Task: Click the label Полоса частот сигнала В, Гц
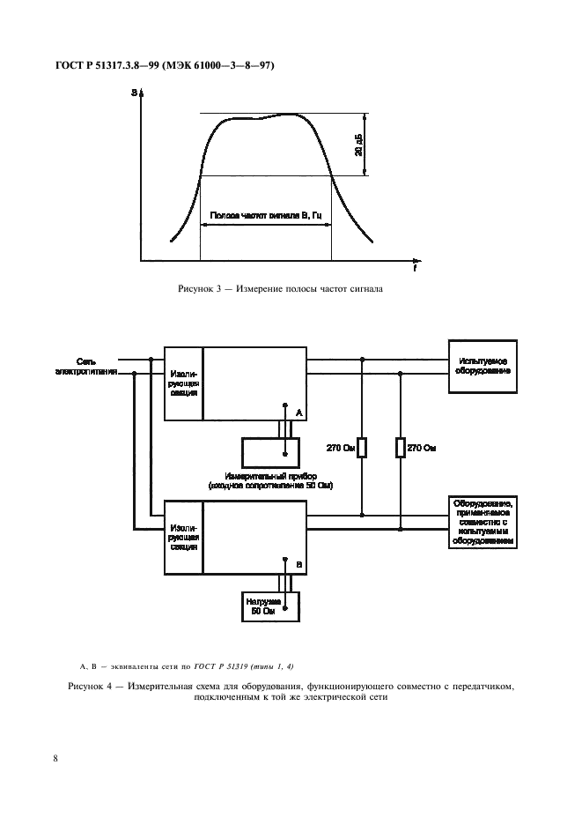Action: click(265, 214)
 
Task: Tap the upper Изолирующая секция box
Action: click(184, 385)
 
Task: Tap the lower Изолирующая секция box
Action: click(184, 535)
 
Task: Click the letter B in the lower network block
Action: click(298, 563)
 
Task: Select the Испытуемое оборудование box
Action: click(483, 366)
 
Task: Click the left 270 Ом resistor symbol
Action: click(361, 448)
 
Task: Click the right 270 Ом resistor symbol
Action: click(401, 448)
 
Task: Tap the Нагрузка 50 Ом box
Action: click(271, 606)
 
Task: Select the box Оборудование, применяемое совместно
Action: click(483, 523)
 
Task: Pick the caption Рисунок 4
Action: click(290, 689)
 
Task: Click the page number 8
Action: click(56, 757)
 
